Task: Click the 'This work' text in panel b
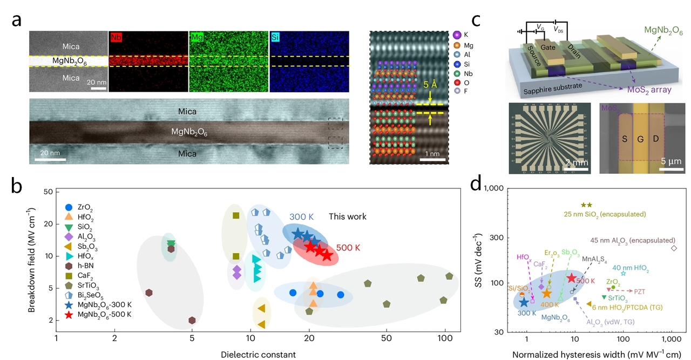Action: coord(348,216)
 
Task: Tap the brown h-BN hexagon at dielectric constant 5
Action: coord(192,321)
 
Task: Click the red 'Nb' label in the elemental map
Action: coord(116,38)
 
